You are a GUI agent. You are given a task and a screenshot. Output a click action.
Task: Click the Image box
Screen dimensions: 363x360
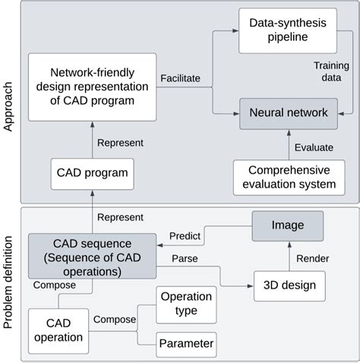pyautogui.click(x=287, y=225)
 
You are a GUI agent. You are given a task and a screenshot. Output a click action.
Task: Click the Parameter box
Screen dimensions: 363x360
pyautogui.click(x=186, y=344)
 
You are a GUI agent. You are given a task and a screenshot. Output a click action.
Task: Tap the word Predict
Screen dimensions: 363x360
pyautogui.click(x=185, y=235)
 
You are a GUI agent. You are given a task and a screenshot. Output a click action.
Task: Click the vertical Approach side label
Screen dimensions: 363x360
pyautogui.click(x=10, y=103)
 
